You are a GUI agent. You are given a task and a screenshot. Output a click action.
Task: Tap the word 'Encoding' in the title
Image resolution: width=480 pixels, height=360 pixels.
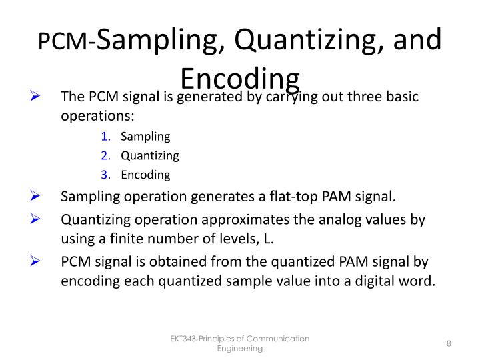pos(240,78)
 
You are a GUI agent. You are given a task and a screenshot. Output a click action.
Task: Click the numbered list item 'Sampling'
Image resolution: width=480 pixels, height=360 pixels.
pos(145,137)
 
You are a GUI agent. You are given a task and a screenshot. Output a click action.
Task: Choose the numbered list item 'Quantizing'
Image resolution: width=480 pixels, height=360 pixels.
pos(150,156)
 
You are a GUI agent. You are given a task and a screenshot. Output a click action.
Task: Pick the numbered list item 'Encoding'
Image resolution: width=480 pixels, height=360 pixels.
pos(145,175)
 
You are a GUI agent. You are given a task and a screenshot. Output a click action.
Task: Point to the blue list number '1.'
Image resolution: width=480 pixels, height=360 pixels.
pos(107,137)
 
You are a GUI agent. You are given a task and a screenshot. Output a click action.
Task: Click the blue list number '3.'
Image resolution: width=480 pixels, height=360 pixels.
pos(107,175)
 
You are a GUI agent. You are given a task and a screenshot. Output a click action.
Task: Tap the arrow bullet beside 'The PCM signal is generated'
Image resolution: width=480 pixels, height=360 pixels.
pos(37,97)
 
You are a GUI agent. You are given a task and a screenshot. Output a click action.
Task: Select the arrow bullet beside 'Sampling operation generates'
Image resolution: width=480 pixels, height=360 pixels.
pos(37,197)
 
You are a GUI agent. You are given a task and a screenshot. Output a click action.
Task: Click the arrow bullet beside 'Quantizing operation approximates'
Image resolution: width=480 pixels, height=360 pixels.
pos(37,219)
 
